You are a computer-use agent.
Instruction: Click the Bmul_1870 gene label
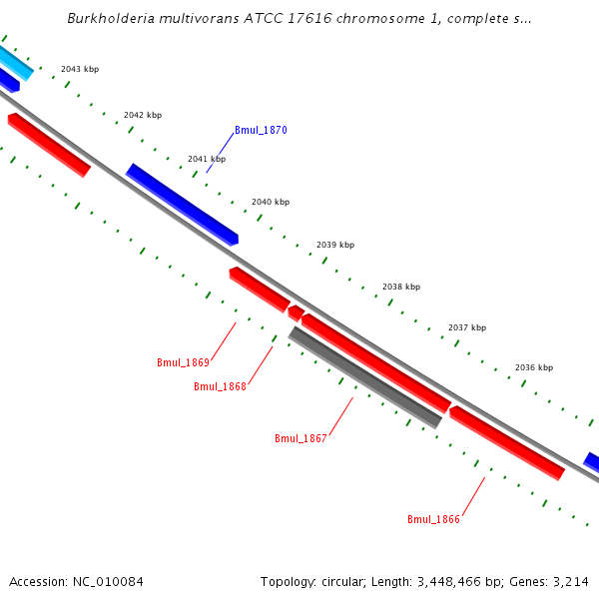(261, 131)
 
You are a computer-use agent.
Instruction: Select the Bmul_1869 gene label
(183, 362)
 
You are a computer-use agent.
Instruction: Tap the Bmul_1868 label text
(220, 386)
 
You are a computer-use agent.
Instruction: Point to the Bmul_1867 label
(300, 438)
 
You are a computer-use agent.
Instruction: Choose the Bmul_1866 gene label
(433, 519)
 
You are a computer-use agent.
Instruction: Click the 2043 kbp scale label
(80, 70)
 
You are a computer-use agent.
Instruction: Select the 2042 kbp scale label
(143, 115)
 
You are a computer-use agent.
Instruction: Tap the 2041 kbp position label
(207, 159)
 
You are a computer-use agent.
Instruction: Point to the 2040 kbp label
(271, 202)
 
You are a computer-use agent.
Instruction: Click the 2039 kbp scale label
(335, 245)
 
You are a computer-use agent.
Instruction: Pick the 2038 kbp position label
(401, 287)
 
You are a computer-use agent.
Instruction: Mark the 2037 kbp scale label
(467, 327)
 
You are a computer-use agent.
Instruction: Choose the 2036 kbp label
(534, 367)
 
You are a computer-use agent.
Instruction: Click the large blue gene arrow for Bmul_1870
(182, 204)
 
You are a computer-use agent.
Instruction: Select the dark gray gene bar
(364, 377)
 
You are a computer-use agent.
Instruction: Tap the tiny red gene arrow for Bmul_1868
(296, 313)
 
